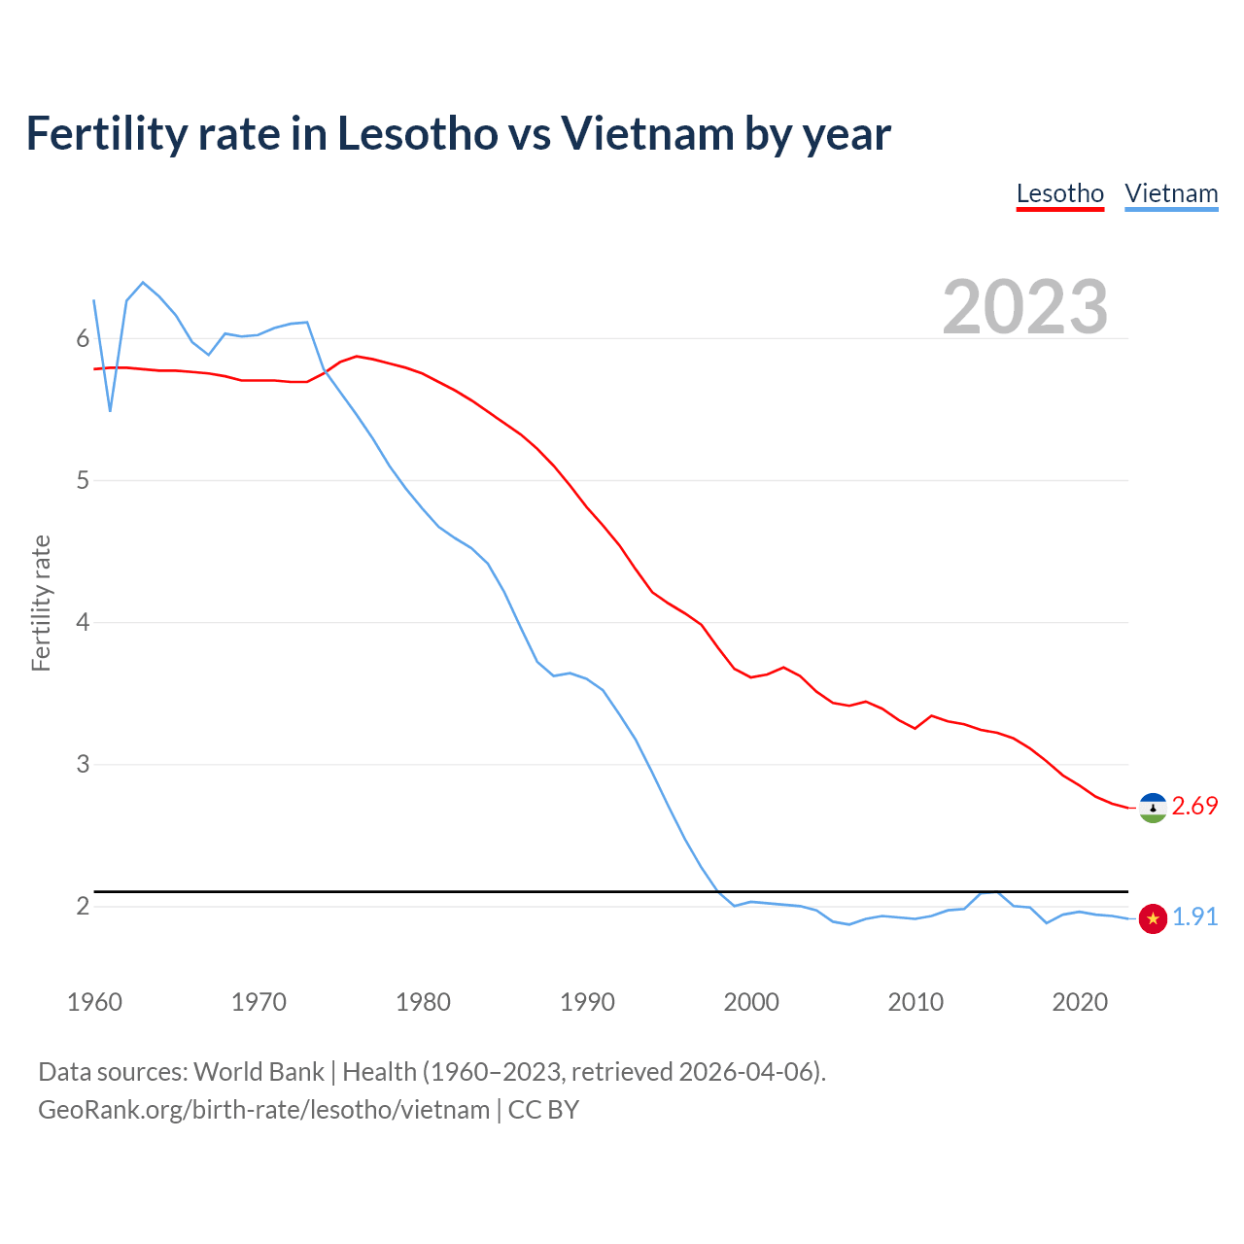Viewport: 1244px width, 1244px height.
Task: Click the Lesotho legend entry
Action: tap(1059, 193)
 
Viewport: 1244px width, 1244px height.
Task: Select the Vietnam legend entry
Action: tap(1171, 193)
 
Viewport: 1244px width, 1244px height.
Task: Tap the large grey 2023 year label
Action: tap(1024, 307)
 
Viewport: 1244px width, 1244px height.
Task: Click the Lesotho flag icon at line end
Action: tap(1153, 808)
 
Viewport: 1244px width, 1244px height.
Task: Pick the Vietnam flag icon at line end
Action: tap(1153, 918)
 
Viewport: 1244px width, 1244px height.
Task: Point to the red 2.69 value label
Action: tap(1194, 807)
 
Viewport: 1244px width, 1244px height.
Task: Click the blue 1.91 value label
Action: tap(1194, 917)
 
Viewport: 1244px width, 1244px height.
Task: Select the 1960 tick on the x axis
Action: tap(94, 1002)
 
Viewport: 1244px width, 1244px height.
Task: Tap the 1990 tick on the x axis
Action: tap(587, 1002)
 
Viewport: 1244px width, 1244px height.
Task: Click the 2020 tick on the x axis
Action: tap(1080, 1002)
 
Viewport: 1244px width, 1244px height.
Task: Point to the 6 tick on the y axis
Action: tap(83, 339)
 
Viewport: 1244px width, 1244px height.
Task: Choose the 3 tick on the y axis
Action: tap(83, 765)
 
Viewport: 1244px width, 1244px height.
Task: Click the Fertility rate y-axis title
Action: tap(41, 603)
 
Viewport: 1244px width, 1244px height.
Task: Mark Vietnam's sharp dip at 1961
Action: tap(111, 411)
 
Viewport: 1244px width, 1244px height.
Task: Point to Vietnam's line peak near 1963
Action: tap(143, 283)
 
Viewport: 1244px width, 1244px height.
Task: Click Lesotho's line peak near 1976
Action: tap(357, 356)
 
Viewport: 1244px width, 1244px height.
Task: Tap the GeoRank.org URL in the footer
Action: tap(263, 1110)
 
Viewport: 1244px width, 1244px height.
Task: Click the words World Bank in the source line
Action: tap(259, 1072)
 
